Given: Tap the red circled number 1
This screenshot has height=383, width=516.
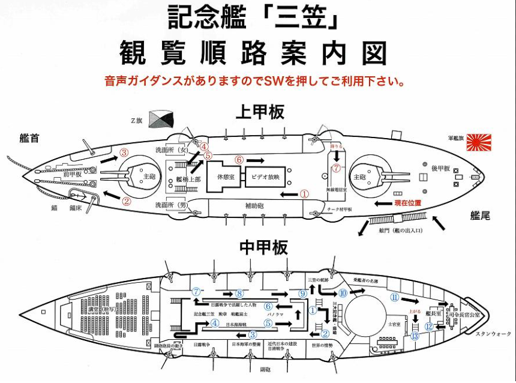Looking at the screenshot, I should (304, 194).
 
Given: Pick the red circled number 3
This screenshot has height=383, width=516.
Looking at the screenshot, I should (124, 152).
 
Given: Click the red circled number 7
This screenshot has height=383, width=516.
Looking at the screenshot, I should (337, 169).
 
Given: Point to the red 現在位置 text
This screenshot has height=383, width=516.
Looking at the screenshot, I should (406, 204).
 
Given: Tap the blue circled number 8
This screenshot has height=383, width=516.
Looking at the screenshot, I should (239, 294).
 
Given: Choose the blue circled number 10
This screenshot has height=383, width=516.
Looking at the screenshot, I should (343, 293).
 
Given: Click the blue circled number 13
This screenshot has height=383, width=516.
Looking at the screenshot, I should (415, 336).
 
